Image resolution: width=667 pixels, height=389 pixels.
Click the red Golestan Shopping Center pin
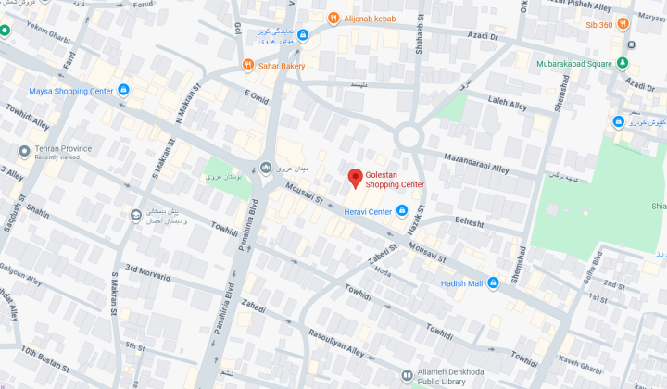pos(354,178)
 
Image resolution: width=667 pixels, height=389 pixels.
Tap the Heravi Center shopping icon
pos(402,212)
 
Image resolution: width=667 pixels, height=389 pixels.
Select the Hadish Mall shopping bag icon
pos(494,283)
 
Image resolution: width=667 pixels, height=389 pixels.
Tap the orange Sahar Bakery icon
pos(247,65)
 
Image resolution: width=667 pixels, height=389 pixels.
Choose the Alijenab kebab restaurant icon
pos(333,18)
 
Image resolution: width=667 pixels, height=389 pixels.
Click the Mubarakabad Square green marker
pos(623,64)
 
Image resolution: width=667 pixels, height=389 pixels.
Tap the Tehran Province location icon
pos(24,150)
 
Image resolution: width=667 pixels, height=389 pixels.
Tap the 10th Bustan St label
pos(41,353)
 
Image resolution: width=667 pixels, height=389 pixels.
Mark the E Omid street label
pos(256,94)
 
